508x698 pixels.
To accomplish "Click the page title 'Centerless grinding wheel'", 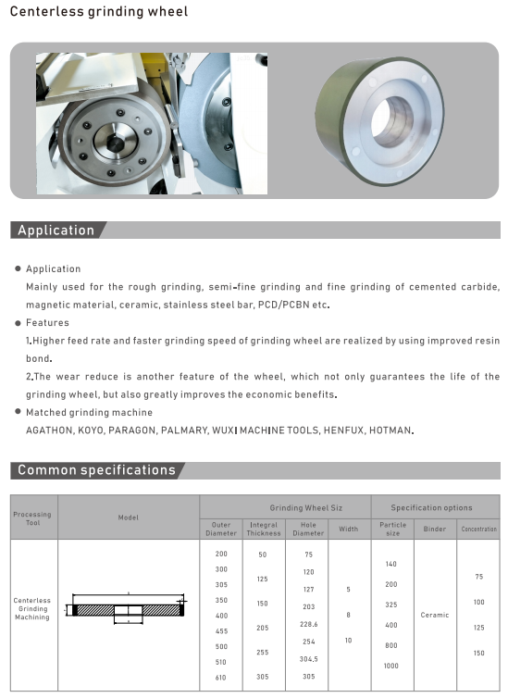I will pos(99,12).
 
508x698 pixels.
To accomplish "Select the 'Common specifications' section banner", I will pos(96,470).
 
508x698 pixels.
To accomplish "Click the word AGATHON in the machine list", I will pos(49,430).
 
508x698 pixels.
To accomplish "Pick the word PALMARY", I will pos(183,430).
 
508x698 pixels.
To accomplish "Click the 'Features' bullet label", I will pos(47,323).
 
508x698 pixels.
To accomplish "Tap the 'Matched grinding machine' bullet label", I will pos(89,412).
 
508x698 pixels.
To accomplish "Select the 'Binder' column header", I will pos(434,529).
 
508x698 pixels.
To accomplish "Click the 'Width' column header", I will pos(348,529).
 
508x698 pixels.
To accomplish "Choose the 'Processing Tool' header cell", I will pos(33,517).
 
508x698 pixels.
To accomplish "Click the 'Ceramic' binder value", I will pos(434,615).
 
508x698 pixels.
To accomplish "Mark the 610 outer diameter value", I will pos(220,679).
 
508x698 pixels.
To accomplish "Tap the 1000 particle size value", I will pos(391,667).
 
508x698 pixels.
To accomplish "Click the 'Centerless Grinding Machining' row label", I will pos(32,609).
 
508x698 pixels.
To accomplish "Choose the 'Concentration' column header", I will pos(478,529).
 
